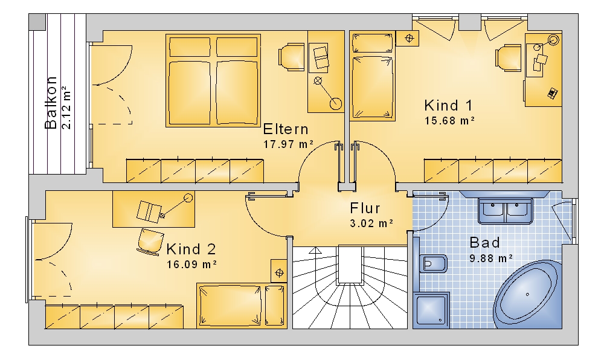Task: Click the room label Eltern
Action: click(286, 129)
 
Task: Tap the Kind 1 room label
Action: click(448, 105)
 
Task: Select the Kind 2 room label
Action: click(191, 249)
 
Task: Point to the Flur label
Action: click(365, 208)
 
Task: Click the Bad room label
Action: click(484, 243)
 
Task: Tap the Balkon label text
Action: click(51, 103)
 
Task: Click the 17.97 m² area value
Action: click(289, 144)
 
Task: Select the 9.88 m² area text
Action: click(491, 257)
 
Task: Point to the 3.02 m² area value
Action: click(371, 223)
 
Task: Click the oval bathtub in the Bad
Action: click(526, 295)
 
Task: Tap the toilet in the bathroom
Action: click(432, 264)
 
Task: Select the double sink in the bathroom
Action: click(506, 211)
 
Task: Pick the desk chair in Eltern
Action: click(291, 57)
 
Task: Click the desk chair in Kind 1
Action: click(509, 58)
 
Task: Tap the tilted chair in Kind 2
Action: click(150, 242)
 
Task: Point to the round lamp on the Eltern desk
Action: click(335, 103)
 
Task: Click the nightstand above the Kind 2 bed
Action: click(279, 272)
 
